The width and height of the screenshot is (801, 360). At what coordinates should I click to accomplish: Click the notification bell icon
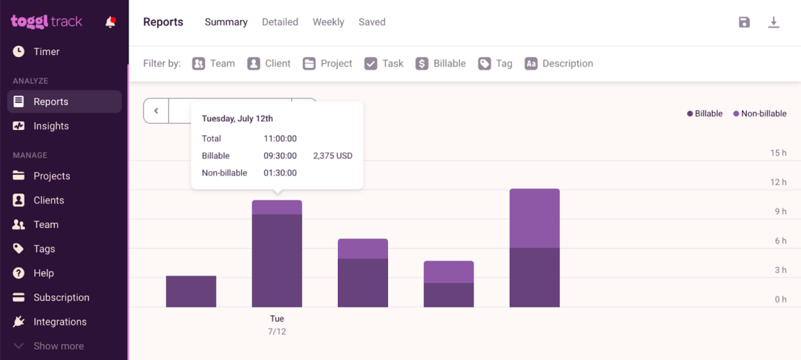click(110, 22)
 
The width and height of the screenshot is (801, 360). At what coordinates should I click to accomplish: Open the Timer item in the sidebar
click(46, 51)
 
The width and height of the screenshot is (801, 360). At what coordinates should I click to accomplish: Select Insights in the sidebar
click(51, 126)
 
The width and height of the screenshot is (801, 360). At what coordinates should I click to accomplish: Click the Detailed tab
click(280, 22)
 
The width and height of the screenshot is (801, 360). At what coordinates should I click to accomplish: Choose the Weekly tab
click(328, 22)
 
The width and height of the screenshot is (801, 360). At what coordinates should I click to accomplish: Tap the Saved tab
click(372, 22)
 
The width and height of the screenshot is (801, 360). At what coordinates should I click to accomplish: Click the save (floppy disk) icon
click(744, 22)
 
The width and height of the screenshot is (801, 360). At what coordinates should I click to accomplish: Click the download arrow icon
click(773, 22)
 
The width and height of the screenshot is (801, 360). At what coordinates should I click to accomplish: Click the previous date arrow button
click(156, 111)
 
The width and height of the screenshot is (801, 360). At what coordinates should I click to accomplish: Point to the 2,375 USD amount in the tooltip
click(332, 156)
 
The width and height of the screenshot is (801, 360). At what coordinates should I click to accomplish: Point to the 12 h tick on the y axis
click(778, 182)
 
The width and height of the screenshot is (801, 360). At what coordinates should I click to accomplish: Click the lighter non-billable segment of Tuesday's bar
click(277, 207)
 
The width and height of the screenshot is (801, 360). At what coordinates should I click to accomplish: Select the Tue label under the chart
click(277, 319)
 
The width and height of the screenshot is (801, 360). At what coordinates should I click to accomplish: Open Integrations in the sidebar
click(60, 322)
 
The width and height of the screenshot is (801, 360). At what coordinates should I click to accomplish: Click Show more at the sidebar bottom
click(58, 346)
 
